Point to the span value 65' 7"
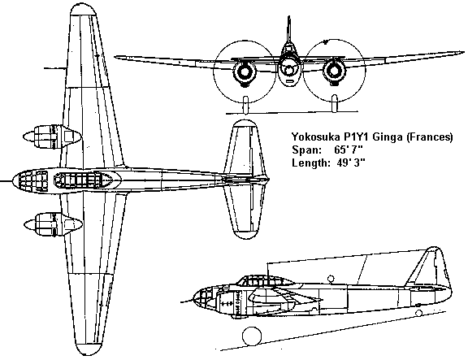[349, 150]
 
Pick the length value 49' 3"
[351, 163]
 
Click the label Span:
[306, 150]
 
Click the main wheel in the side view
[252, 336]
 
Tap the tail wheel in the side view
[418, 313]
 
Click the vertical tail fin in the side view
[429, 267]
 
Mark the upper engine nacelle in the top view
[52, 137]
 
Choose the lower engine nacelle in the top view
[53, 224]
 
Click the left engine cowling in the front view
[245, 72]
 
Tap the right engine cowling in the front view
[334, 72]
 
